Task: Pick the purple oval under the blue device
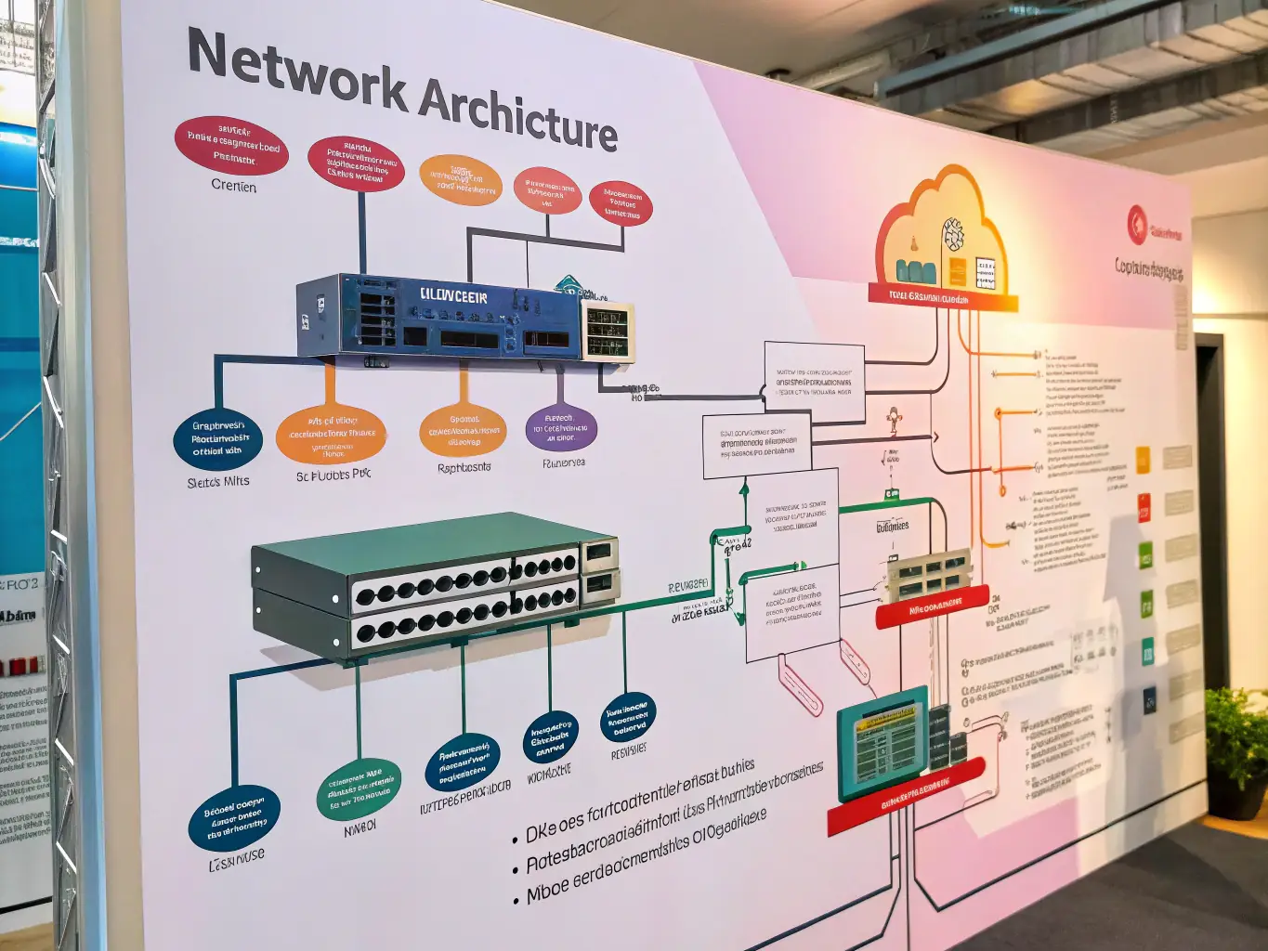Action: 560,428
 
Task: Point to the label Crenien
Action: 233,186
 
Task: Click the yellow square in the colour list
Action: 1143,459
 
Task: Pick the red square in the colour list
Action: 1144,508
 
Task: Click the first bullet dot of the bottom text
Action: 516,840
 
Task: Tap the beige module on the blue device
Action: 608,331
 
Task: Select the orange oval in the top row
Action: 461,180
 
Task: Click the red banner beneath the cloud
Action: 943,299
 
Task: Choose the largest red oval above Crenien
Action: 231,146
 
